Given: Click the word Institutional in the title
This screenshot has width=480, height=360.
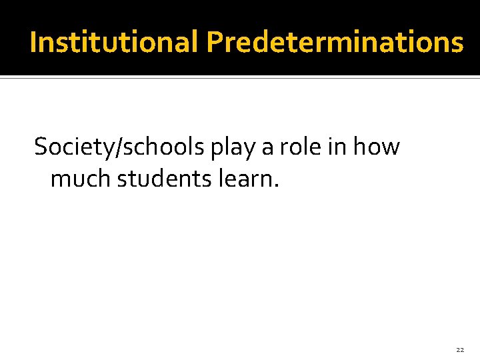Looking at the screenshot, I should [x=115, y=43].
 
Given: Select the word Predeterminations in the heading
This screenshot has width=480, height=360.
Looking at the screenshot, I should [x=335, y=43].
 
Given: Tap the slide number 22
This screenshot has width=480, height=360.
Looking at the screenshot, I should [x=460, y=349].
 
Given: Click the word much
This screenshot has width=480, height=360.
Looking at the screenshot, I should [x=81, y=179].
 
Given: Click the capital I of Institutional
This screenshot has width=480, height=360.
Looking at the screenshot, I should [x=33, y=43].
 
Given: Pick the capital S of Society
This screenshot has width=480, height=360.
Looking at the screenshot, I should [x=41, y=147].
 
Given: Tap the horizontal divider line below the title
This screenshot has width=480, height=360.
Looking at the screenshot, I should [x=240, y=78].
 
